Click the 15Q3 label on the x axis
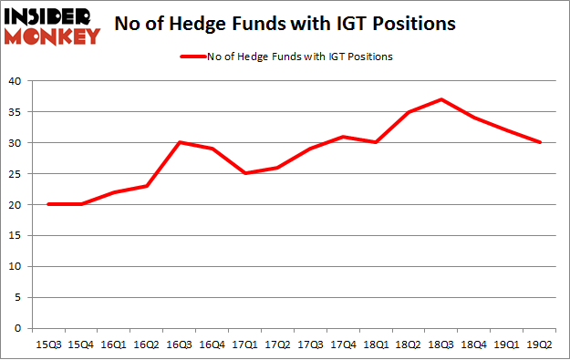coord(48,344)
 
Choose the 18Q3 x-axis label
coord(441,344)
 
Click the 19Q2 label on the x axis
coord(540,344)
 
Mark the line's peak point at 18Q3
coord(441,99)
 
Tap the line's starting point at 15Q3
coord(48,204)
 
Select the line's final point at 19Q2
coord(540,142)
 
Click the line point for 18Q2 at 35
coord(409,111)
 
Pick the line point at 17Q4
coord(343,137)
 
